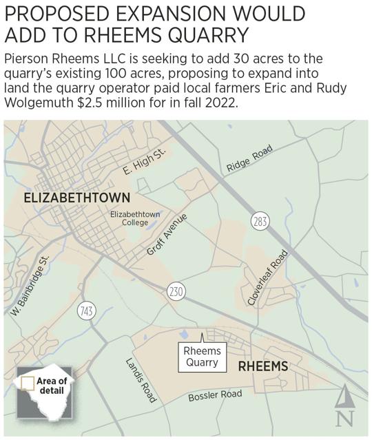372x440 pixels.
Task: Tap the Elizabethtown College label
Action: pos(135,219)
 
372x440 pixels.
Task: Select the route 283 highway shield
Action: pos(260,221)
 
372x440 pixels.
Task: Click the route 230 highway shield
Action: pos(175,292)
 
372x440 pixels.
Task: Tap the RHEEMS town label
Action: pos(262,366)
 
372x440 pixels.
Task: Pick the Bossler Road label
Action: pos(215,397)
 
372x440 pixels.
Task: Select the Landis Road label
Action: pos(141,380)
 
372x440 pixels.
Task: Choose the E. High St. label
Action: pos(145,162)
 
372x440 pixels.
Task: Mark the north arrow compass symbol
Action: pos(346,407)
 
